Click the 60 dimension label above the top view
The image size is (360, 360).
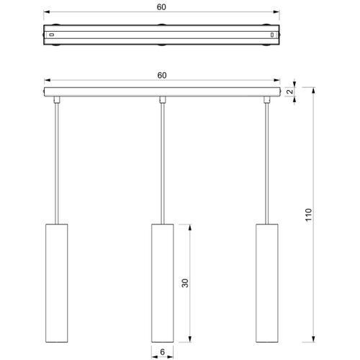coord(161,7)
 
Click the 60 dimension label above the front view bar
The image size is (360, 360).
coord(162,76)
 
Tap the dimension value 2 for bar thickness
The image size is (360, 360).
coord(290,91)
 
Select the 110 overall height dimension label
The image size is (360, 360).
coord(309,215)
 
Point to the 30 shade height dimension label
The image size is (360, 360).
coord(185,283)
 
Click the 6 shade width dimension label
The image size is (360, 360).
coord(163,352)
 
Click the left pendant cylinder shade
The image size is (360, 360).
coord(57,283)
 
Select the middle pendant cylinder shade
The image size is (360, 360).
coord(163,283)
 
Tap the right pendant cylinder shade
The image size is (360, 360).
coord(267,283)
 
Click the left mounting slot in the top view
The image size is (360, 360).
coord(51,35)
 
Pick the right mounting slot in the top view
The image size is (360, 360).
coord(272,35)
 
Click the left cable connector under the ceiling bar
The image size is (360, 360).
coord(57,99)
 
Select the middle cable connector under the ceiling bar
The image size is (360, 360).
coord(163,99)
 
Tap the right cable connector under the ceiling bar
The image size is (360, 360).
coord(267,99)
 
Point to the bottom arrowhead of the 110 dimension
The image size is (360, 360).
coord(313,339)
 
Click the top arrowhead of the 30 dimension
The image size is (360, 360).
coord(190,228)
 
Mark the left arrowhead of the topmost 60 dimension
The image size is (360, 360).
coord(47,12)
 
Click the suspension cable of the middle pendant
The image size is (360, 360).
coord(163,163)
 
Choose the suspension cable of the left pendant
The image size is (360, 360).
coord(57,163)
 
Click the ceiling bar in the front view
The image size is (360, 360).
coord(162,92)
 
